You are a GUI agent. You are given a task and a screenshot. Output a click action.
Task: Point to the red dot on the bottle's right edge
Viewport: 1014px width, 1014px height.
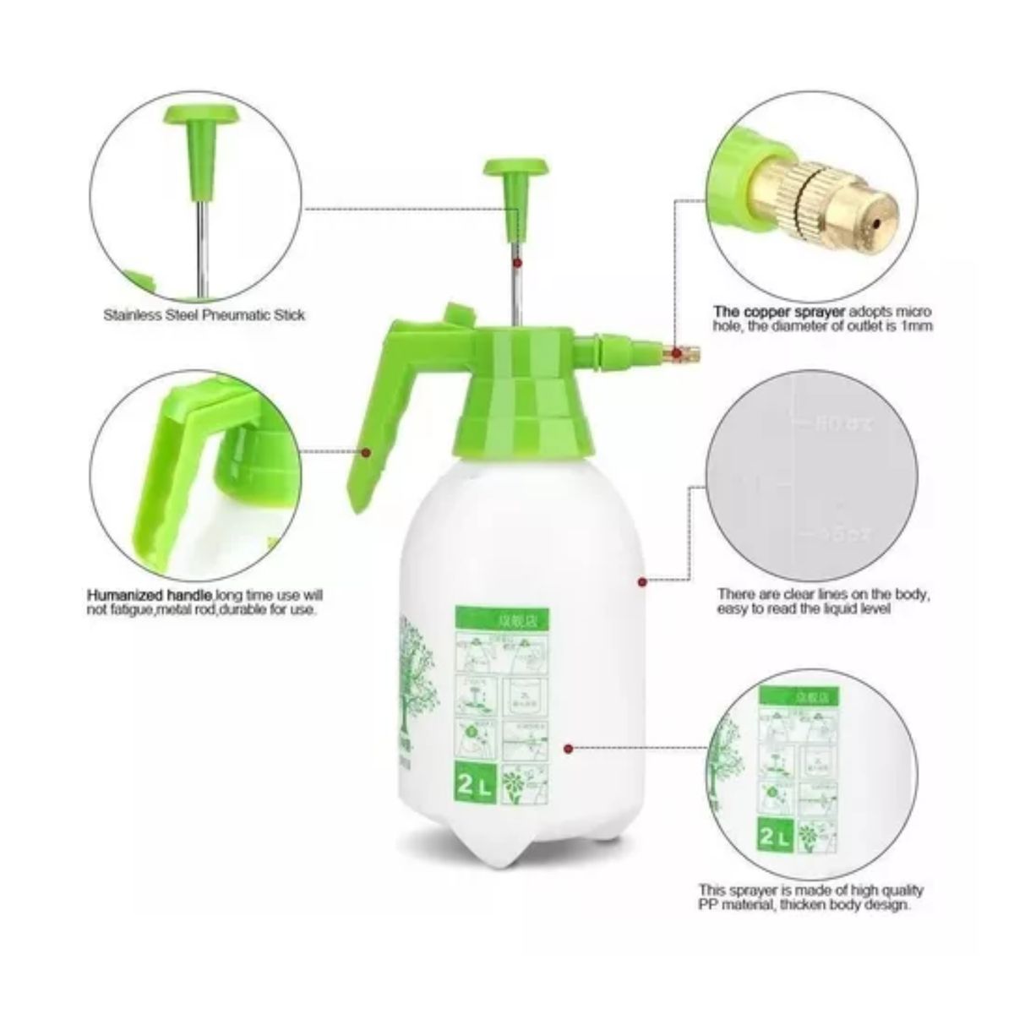tap(642, 581)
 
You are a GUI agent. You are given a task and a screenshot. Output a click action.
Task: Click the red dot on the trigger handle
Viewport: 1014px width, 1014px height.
tap(367, 453)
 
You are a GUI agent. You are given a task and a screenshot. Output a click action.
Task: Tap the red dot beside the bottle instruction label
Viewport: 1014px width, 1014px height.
tap(569, 747)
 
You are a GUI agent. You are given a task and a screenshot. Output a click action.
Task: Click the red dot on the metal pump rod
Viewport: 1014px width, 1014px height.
tap(517, 264)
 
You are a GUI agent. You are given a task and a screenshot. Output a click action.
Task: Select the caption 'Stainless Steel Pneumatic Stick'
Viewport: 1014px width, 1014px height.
tap(204, 315)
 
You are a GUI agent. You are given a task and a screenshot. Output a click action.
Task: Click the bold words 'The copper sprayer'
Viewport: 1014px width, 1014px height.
tap(767, 311)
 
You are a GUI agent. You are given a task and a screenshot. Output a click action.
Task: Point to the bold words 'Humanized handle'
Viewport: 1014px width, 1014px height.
tap(150, 595)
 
